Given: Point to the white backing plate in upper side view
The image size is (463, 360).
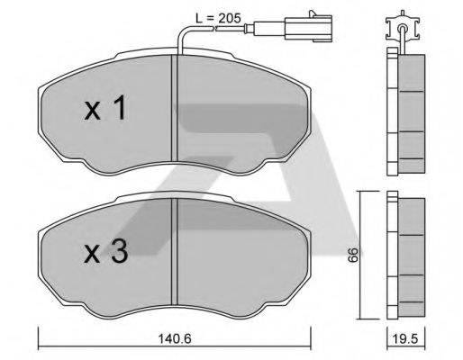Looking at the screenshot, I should click(x=391, y=112).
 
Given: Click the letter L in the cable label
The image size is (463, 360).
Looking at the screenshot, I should click(x=200, y=15).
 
